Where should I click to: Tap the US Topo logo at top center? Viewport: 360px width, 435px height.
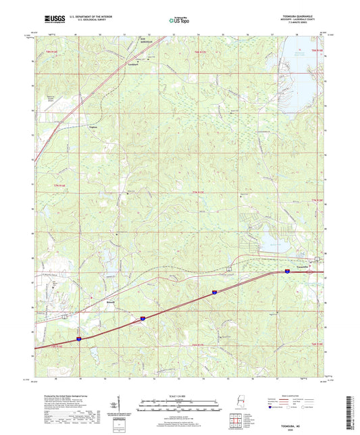(178, 21)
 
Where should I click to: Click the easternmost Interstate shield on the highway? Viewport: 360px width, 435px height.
(286, 271)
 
